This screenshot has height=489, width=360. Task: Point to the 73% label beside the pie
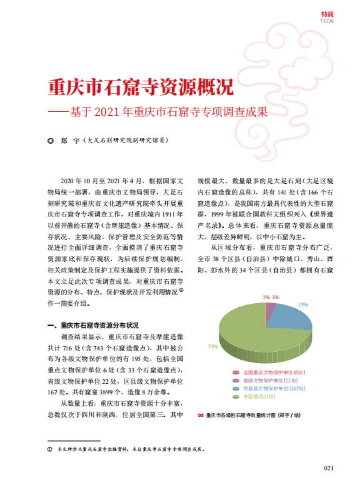213,346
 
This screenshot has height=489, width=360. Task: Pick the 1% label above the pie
265,296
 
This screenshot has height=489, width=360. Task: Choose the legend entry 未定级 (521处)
259,397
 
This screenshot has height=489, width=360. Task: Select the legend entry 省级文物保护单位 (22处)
269,380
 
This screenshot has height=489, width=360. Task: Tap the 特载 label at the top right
327,13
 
